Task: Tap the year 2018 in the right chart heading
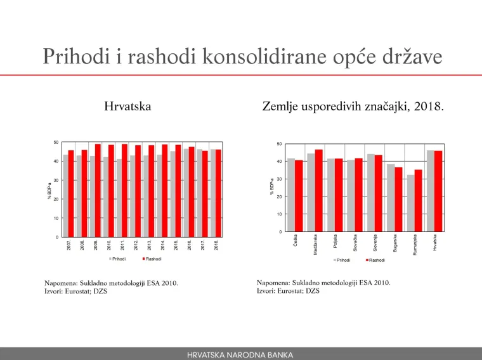[429, 106]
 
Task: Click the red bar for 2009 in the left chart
[98, 190]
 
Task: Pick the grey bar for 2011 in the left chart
[119, 198]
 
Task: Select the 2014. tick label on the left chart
[163, 245]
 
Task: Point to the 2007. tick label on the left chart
[69, 245]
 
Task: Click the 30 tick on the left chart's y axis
[56, 181]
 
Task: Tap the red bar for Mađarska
[319, 190]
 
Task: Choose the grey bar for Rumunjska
[410, 203]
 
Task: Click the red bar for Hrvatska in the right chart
[438, 191]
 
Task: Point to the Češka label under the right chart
[296, 241]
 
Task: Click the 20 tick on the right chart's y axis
[280, 197]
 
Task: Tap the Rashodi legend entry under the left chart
[152, 259]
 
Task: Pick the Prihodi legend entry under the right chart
[342, 260]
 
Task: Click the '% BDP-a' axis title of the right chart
[271, 188]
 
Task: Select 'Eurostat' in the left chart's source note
[79, 292]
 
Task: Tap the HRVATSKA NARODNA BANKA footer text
[240, 354]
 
